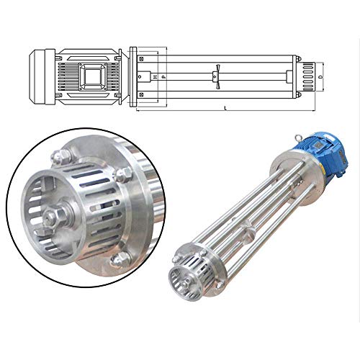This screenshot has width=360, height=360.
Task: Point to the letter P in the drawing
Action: tap(163, 74)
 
